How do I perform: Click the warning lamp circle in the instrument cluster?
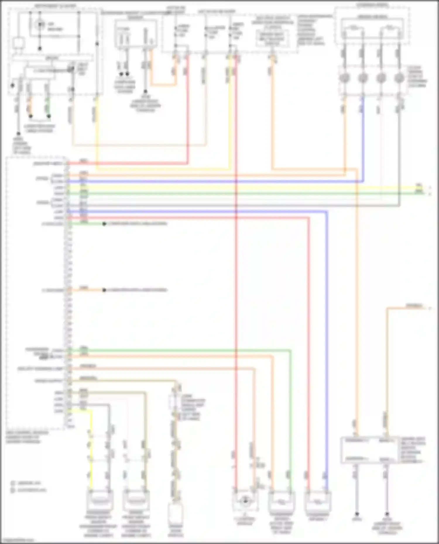pos(40,25)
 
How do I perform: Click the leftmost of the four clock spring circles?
pos(344,78)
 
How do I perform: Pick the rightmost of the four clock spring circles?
pos(399,78)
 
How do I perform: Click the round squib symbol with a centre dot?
pos(245,501)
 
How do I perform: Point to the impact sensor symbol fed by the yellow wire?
pos(100,500)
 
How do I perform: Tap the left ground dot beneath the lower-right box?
pos(357,514)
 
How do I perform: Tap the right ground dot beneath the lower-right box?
pos(387,514)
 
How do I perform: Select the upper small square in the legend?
pos(13,483)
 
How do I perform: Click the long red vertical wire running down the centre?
pos(236,292)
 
